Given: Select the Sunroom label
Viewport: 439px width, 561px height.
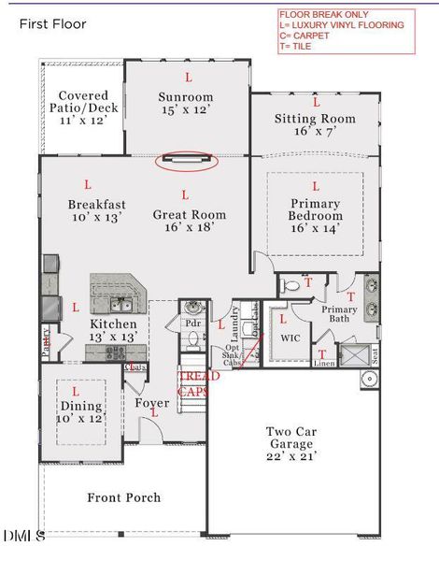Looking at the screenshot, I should tap(185, 96).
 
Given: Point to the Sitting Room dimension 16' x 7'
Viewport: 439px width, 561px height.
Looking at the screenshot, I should tap(315, 133).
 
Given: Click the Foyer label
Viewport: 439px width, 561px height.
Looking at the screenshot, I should tap(152, 404).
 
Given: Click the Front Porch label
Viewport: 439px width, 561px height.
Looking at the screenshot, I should tap(123, 497).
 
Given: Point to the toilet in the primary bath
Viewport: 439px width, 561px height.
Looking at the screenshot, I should tap(290, 285).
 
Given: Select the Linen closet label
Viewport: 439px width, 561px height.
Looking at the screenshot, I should tap(322, 363).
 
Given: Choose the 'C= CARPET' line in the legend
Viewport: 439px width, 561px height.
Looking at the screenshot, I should tap(310, 35).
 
